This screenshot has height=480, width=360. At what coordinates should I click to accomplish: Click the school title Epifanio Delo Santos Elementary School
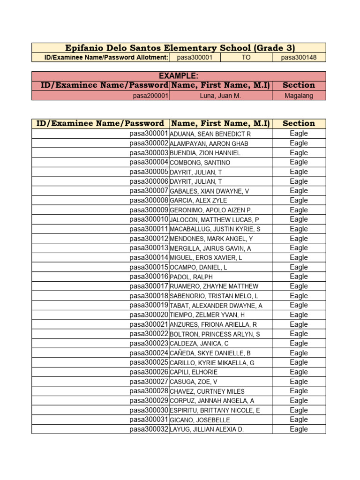pos(178,48)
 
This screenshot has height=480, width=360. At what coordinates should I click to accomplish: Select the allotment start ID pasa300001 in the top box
pos(195,58)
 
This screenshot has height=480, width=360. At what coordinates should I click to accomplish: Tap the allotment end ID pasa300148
pos(299,58)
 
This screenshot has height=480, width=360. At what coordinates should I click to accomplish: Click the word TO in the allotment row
pos(246,58)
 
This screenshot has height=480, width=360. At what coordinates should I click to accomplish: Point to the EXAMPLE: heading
pos(178,76)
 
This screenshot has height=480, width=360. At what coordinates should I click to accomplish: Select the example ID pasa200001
pos(150,96)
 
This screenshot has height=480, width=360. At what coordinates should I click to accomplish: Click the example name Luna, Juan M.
pos(220,96)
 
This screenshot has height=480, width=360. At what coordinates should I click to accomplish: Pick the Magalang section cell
pos(299,96)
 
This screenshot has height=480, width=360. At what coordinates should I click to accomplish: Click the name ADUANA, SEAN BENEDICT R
pos(210,134)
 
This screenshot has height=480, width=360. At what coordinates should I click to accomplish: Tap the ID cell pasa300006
pos(149,181)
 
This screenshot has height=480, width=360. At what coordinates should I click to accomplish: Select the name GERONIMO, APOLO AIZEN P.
pos(207,210)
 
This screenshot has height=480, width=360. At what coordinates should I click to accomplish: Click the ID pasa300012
pos(149,239)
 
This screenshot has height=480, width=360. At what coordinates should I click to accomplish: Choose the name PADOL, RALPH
pos(191,277)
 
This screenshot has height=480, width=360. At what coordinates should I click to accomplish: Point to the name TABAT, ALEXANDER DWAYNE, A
pos(216,306)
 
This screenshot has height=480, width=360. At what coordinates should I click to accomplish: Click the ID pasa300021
pos(149,324)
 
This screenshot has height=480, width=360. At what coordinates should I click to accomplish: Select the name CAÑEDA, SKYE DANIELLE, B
pos(210,353)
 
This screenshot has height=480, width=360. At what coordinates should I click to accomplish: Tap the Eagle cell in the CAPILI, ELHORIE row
pos(299,372)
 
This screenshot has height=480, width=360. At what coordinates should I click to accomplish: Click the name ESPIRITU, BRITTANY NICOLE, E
pos(214,410)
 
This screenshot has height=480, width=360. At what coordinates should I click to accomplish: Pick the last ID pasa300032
pos(149,429)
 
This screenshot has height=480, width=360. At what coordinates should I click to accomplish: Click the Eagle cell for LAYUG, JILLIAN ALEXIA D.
pos(299,429)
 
